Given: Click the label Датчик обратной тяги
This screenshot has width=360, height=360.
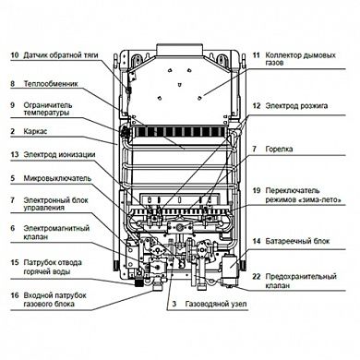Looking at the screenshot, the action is click(x=61, y=55).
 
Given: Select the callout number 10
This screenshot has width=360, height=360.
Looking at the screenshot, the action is click(x=15, y=55).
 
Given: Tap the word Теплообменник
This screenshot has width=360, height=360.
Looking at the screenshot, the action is click(x=51, y=84).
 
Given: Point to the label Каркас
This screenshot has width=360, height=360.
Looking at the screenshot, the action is click(x=35, y=131).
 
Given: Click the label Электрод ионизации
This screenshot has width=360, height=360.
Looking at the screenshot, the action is click(x=59, y=154).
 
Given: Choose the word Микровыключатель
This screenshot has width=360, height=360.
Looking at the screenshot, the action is click(x=57, y=178).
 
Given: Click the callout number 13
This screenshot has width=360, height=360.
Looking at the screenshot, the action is click(x=15, y=154).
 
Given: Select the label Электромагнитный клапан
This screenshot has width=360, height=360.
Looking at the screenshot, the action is click(x=56, y=233).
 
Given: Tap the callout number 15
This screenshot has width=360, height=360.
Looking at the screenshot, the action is click(x=15, y=263).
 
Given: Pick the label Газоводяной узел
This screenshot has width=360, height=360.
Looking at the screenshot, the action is click(x=216, y=305).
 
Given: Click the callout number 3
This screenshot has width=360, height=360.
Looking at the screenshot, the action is click(x=174, y=305).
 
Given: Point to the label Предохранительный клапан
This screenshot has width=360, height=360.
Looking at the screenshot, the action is click(x=301, y=281).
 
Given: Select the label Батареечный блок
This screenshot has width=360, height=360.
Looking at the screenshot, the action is click(x=297, y=241).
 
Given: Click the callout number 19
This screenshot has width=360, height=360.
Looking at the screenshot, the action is click(x=257, y=191).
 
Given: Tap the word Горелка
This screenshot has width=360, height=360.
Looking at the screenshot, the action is click(x=279, y=150).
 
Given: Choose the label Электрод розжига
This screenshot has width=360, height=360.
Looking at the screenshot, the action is click(x=296, y=106).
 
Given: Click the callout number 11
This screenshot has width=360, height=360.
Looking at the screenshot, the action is click(x=257, y=55).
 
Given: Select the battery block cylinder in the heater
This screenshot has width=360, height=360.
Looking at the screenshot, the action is click(x=229, y=265).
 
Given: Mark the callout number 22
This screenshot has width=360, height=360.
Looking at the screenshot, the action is click(x=257, y=277).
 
